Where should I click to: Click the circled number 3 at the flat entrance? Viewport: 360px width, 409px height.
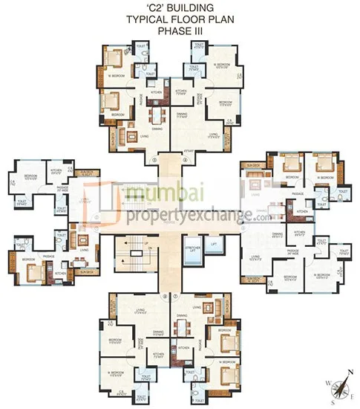tap(154, 159)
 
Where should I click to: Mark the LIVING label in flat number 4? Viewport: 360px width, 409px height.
tap(214, 134)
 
